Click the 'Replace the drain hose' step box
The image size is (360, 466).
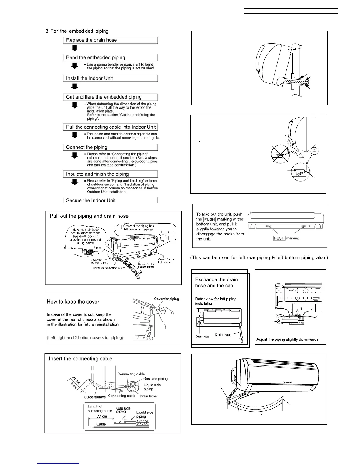110,40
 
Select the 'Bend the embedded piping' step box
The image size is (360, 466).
110,58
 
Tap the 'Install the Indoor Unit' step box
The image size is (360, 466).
110,79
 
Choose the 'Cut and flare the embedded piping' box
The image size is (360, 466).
110,97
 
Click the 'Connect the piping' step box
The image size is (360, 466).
110,147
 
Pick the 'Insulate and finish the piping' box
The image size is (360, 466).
110,174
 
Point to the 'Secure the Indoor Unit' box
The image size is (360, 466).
110,200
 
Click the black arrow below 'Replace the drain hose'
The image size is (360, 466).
75,48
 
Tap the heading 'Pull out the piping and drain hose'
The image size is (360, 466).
89,216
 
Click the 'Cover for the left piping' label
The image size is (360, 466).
166,261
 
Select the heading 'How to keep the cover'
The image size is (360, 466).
73,302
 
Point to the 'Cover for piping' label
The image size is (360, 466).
166,299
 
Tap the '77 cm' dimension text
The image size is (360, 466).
102,416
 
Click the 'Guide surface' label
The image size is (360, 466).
95,397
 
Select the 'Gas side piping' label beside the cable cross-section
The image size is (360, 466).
155,379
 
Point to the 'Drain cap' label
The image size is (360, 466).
203,337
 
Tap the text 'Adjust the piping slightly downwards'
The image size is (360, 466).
287,339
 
